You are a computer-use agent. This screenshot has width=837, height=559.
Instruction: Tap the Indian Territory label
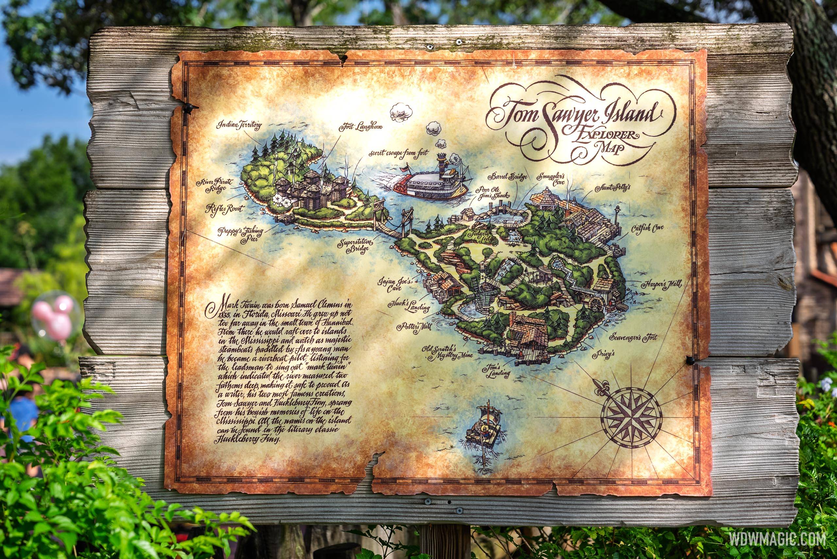(x=240, y=126)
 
